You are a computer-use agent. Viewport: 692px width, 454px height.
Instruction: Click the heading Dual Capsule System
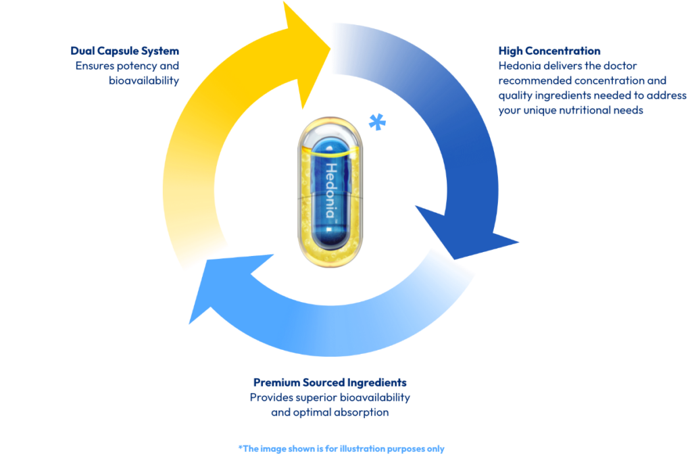click(125, 51)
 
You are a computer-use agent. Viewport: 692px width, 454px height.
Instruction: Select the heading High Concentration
click(549, 51)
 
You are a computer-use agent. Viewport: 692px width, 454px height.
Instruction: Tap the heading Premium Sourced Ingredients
click(330, 382)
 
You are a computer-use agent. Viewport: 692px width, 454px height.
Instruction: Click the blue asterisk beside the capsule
click(377, 122)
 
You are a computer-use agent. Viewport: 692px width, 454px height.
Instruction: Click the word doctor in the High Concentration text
click(620, 66)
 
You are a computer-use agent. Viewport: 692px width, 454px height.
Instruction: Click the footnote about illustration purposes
click(341, 449)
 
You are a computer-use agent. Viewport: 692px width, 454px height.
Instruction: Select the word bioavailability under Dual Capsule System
click(144, 81)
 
